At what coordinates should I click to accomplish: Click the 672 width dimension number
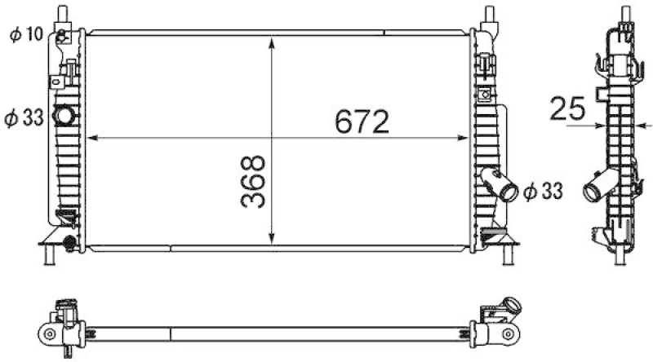coord(362,122)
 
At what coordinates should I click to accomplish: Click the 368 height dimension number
coord(253,182)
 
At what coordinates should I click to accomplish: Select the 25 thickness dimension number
coord(567,108)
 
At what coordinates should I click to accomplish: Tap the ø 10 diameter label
coord(27,34)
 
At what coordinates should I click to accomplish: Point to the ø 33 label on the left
coord(24,118)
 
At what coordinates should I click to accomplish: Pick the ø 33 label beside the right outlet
coord(543,192)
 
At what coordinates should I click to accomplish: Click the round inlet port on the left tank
coord(64,116)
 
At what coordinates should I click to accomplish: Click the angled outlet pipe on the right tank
coord(500,184)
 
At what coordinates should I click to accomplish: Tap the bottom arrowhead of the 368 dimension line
coord(272,238)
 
